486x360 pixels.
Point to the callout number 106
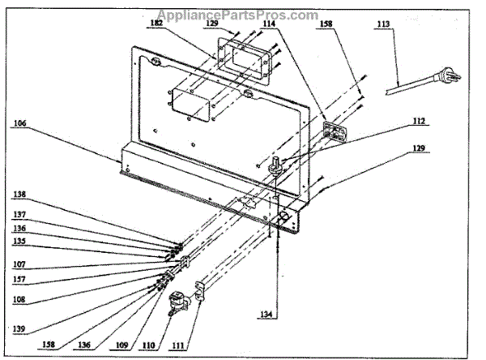19,124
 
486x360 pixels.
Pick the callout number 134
279,315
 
